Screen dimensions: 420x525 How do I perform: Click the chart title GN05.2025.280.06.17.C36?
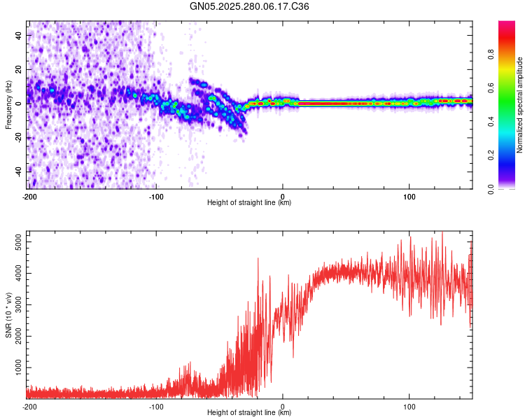pyautogui.click(x=250, y=6)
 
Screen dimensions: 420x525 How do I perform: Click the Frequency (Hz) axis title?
pyautogui.click(x=8, y=104)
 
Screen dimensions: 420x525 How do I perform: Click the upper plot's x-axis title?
pyautogui.click(x=249, y=202)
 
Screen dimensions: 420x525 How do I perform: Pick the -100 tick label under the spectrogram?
pyautogui.click(x=156, y=195)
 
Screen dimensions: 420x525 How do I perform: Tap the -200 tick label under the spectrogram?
pyautogui.click(x=29, y=195)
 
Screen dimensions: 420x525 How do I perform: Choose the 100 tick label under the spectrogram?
pyautogui.click(x=409, y=195)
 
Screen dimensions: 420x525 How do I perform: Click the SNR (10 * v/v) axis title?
pyautogui.click(x=8, y=314)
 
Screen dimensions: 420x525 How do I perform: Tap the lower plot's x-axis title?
pyautogui.click(x=249, y=412)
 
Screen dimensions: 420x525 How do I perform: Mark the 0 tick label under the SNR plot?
pyautogui.click(x=283, y=405)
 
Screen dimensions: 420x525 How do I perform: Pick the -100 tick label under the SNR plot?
pyautogui.click(x=156, y=405)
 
